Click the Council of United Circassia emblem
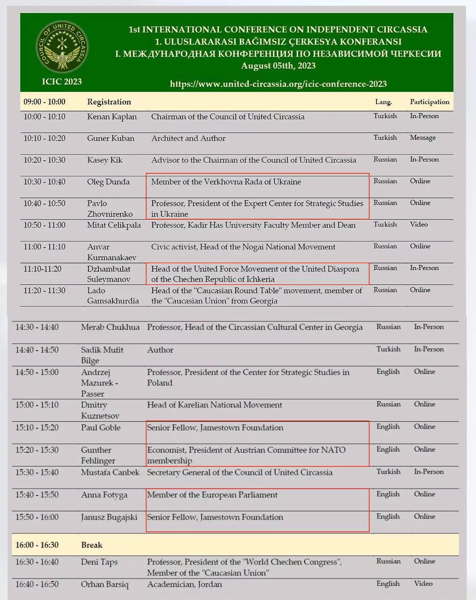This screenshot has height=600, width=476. click(62, 47)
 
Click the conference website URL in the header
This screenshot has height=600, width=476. click(278, 84)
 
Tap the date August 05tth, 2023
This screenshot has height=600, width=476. click(278, 66)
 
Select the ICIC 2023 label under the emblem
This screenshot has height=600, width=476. click(62, 82)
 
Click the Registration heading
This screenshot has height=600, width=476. click(109, 102)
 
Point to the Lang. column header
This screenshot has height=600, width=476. click(383, 102)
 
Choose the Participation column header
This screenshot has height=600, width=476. click(430, 102)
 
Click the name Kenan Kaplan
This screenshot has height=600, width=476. click(112, 117)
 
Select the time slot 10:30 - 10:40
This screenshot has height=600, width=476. click(45, 182)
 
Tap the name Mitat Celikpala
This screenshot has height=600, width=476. click(114, 225)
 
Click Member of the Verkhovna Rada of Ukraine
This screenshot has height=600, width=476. click(226, 182)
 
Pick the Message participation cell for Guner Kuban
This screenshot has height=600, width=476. click(423, 138)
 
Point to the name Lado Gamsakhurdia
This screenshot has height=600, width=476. click(113, 296)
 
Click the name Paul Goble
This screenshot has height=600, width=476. click(101, 427)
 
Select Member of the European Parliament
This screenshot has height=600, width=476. click(212, 495)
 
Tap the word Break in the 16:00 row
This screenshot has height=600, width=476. click(92, 545)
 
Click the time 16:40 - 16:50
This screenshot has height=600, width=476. click(37, 585)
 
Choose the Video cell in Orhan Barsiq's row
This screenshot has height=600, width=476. click(423, 584)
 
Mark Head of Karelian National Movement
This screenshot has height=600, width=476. click(215, 405)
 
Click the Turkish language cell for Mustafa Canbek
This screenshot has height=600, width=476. click(388, 472)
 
